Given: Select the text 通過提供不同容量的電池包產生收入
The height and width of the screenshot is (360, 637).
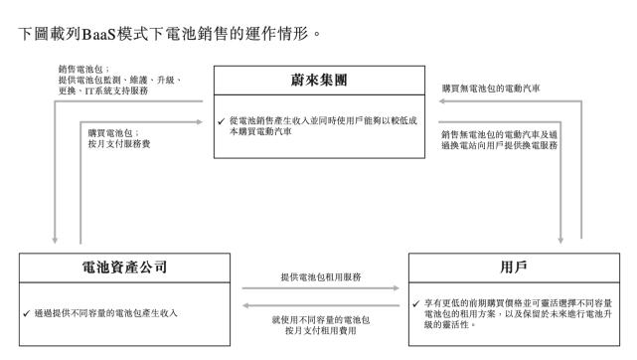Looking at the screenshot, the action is point(106,313).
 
